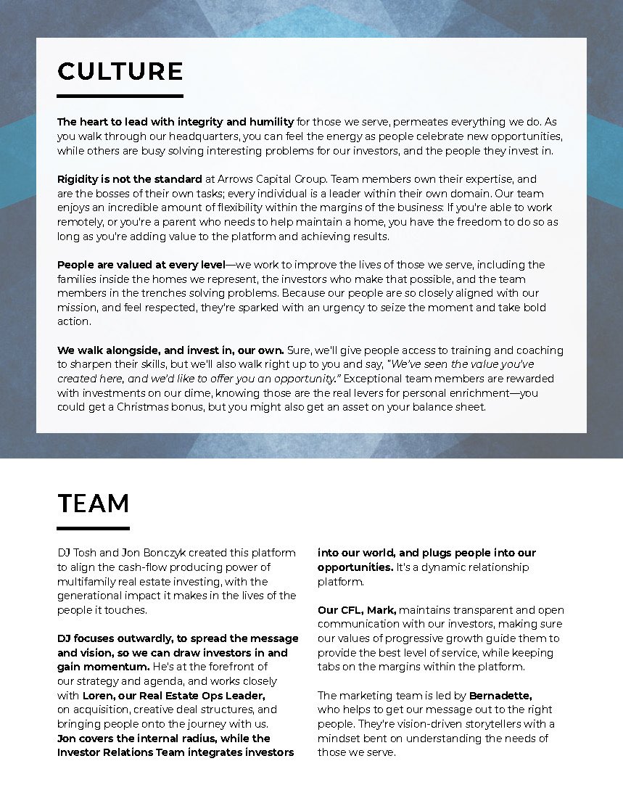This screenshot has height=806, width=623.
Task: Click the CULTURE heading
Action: pyautogui.click(x=120, y=71)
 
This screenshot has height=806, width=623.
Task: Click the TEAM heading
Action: pyautogui.click(x=94, y=503)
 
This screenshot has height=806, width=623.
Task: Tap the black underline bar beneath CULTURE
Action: pyautogui.click(x=120, y=95)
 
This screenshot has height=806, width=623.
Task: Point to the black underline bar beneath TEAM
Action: pyautogui.click(x=94, y=527)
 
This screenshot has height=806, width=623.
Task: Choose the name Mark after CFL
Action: pyautogui.click(x=381, y=610)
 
